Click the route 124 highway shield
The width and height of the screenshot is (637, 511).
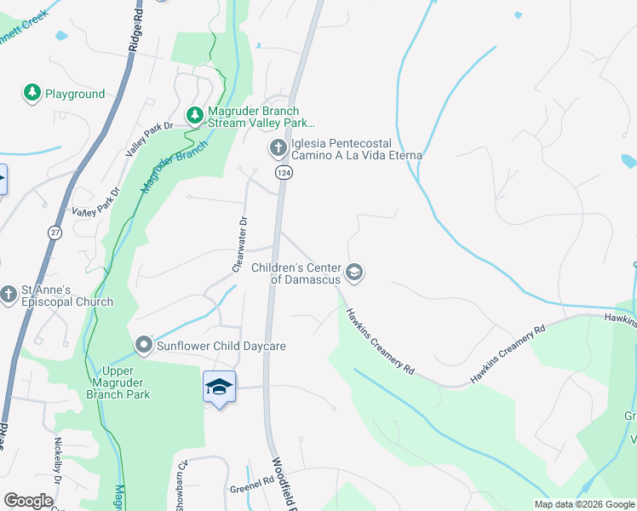coord(284,173)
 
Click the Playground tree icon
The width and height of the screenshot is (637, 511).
coord(32,93)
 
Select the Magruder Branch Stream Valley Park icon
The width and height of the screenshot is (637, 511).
coord(195,114)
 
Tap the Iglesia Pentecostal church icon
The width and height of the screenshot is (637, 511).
coord(277,149)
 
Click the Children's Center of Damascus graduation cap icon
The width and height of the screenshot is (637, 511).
coord(354,273)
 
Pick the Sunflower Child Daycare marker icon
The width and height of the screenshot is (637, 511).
coord(143,345)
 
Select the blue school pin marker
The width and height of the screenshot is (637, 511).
coord(219,388)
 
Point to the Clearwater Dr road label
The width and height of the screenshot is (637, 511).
coord(240,244)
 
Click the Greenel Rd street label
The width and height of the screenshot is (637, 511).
coord(251,490)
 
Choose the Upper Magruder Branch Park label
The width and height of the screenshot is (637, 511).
coord(126,382)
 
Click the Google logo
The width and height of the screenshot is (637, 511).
coord(28,501)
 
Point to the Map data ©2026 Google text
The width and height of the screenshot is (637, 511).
coord(583,504)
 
